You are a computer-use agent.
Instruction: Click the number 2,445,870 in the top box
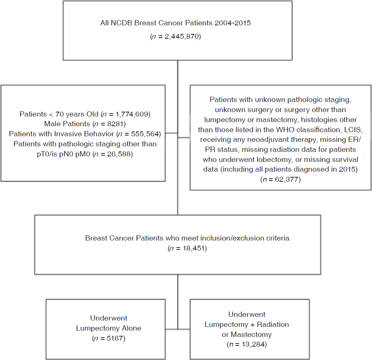point(182,36)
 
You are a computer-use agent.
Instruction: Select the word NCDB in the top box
point(121,23)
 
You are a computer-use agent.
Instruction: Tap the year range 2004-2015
point(232,23)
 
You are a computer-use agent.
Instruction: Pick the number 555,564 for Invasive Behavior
point(145,134)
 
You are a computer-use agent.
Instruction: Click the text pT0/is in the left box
point(47,154)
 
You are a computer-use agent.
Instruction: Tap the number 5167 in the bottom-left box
point(115,338)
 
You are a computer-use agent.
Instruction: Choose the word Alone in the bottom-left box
point(131,328)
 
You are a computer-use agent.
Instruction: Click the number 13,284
point(253,345)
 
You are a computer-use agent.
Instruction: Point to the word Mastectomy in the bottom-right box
point(251,335)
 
